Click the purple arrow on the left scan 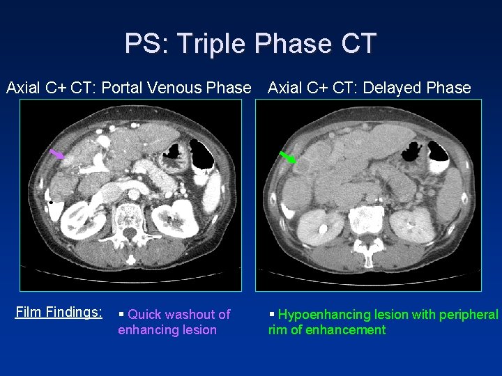point(58,154)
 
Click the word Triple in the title point(213,43)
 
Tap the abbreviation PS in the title point(144,43)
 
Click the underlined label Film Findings point(59,313)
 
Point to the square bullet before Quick point(123,314)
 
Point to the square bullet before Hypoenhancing point(272,314)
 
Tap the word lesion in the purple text point(199,330)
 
